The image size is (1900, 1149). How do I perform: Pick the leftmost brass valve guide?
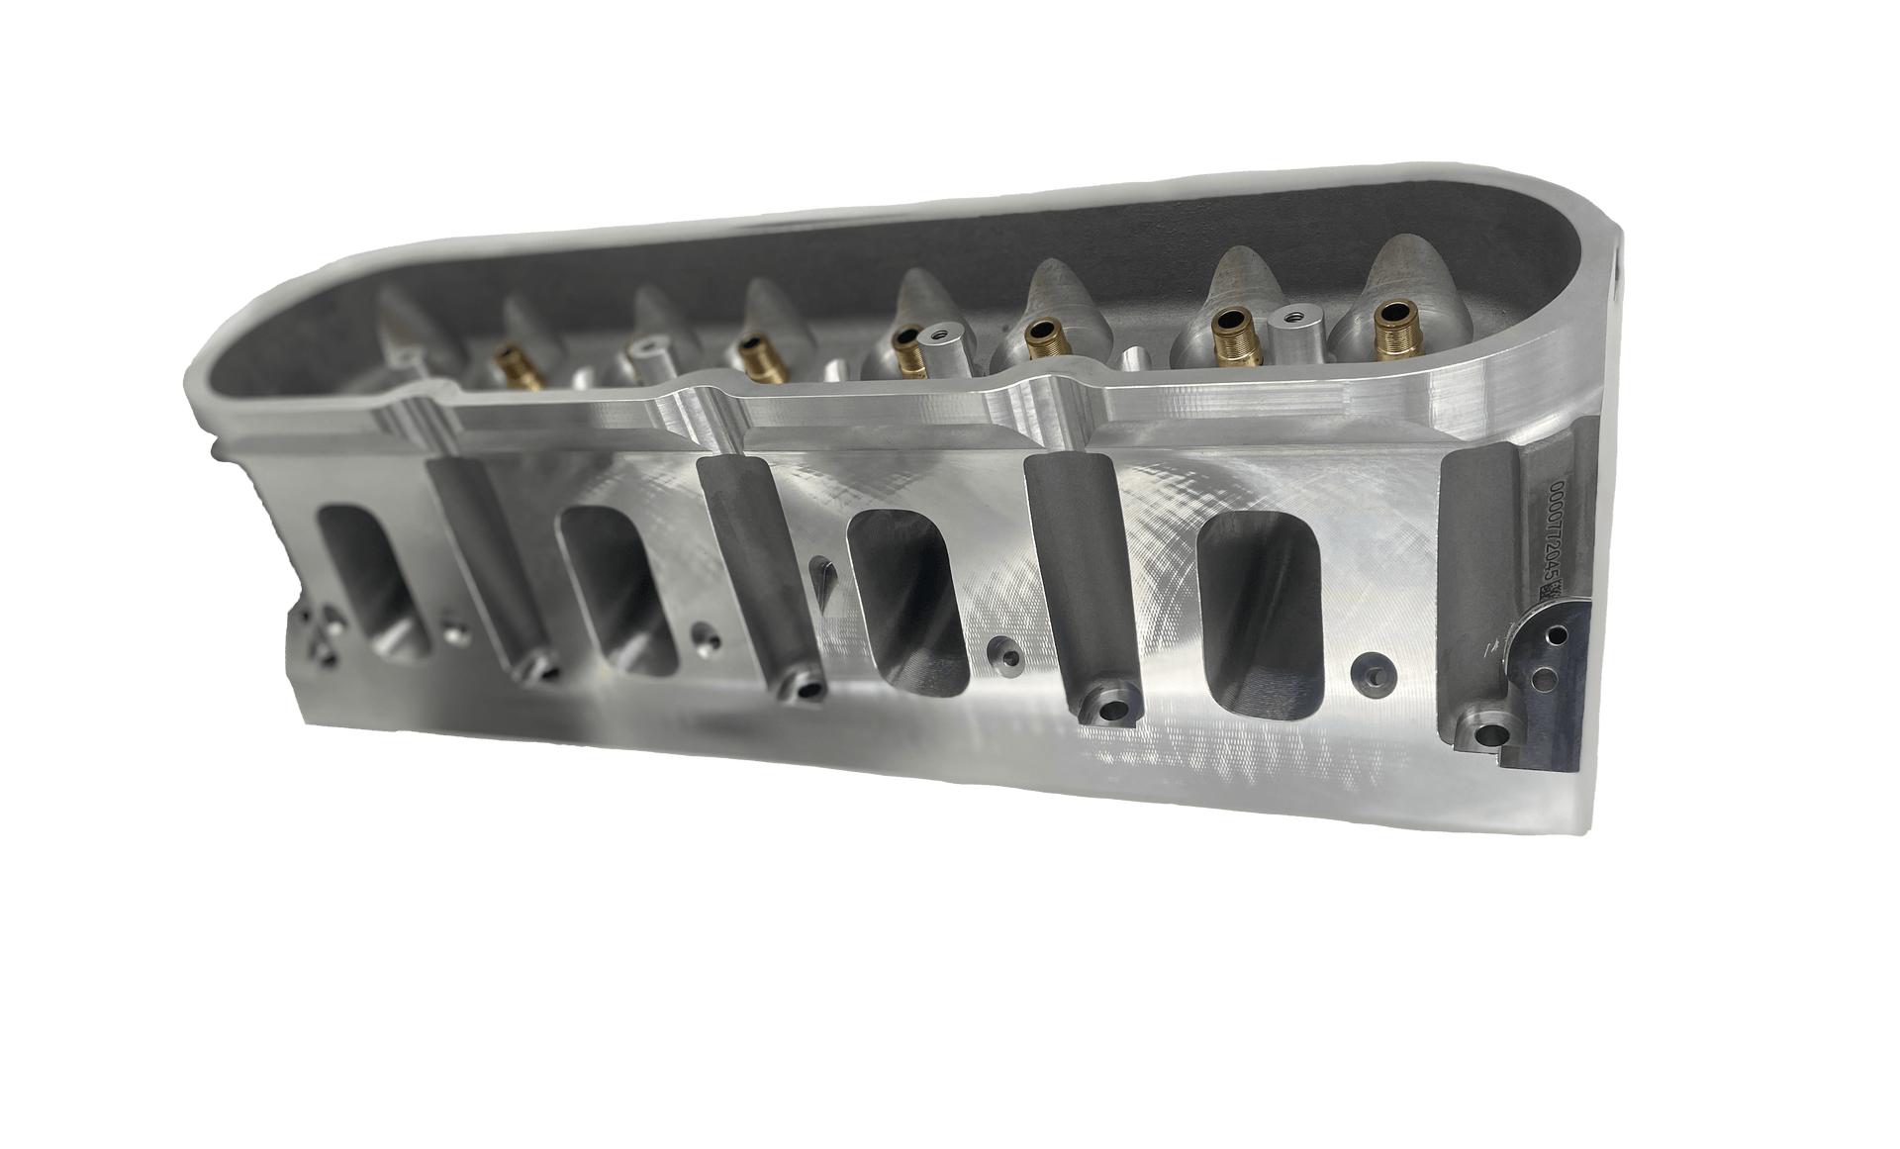[x=512, y=360]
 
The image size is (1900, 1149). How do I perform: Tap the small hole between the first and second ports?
[x=456, y=629]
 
